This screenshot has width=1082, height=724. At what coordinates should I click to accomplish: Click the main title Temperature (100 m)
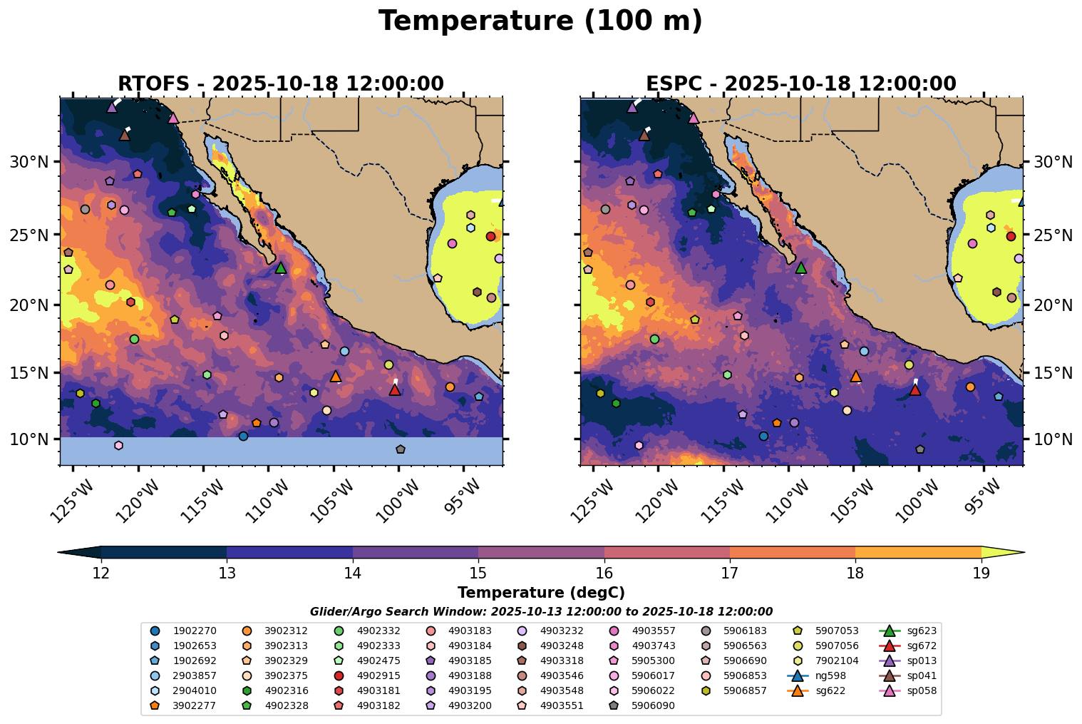[540, 21]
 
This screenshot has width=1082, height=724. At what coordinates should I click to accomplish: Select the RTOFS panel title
[281, 83]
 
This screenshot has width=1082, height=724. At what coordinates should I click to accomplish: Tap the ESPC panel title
[801, 83]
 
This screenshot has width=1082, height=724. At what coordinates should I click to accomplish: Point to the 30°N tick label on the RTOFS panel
[29, 162]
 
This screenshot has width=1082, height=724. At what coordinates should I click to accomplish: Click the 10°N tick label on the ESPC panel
[1053, 439]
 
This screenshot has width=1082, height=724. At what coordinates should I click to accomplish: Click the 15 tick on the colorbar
[478, 573]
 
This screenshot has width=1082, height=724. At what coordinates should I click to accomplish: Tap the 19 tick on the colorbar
[981, 573]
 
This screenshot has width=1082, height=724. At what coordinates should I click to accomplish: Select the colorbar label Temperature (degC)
[541, 593]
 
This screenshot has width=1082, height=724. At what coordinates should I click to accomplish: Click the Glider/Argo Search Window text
[541, 611]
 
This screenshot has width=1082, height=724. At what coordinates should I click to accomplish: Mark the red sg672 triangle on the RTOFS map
[395, 389]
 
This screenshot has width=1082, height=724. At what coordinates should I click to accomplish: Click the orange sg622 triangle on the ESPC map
[856, 376]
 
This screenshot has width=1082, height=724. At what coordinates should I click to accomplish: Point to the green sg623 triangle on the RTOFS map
[281, 267]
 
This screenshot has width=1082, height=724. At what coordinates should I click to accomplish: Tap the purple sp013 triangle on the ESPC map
[632, 107]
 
